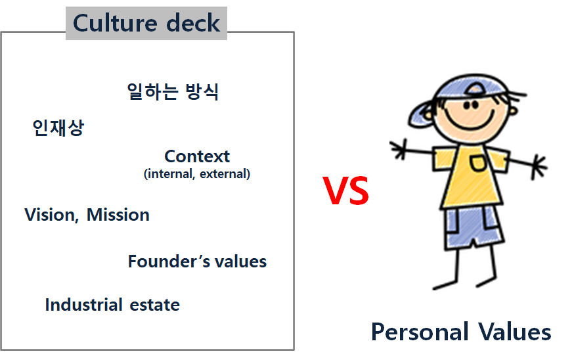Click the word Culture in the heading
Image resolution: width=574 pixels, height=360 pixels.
coord(115,23)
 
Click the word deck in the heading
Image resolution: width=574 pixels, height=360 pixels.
coord(193,23)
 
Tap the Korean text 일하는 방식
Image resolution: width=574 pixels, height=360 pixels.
coord(173,91)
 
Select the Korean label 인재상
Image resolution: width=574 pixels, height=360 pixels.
coord(58,127)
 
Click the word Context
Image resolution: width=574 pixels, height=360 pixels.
coord(197,156)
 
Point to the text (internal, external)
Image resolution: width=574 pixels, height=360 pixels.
coord(197,173)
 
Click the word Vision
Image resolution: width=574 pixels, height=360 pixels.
coord(51,215)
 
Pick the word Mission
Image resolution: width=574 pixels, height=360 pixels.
coord(118,215)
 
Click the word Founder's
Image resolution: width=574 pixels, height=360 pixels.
coord(169,261)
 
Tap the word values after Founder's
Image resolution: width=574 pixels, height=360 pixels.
coord(240,261)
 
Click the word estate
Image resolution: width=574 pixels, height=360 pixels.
coord(155,305)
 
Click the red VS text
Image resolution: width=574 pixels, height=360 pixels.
coord(345,191)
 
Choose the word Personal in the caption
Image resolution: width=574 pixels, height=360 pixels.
coord(420,332)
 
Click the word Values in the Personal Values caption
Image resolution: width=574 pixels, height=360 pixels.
coord(514,332)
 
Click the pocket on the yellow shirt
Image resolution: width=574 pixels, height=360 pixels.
coord(478,163)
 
